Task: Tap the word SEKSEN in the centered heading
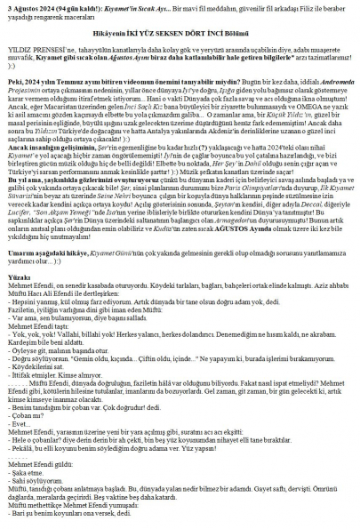pos(198,44)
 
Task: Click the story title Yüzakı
pos(17,301)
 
